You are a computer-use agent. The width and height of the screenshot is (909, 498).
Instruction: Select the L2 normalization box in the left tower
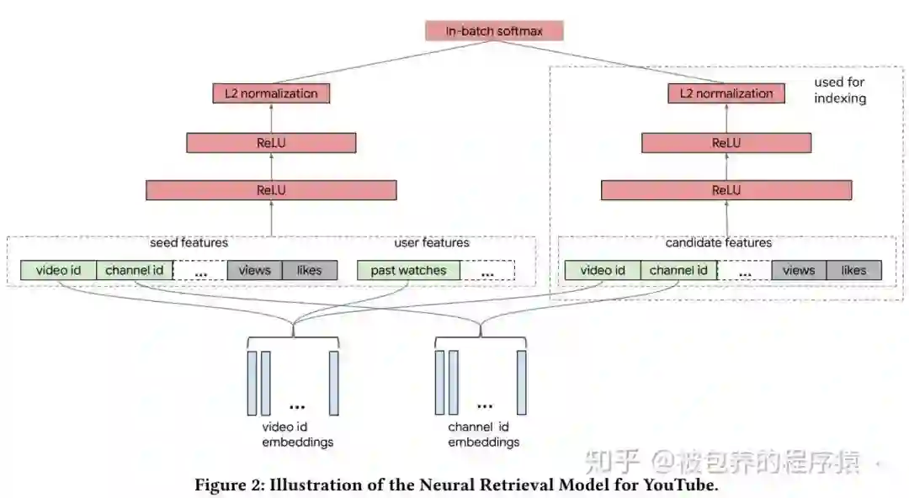[271, 93]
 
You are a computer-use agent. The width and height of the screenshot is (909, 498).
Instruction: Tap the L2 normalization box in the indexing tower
[726, 93]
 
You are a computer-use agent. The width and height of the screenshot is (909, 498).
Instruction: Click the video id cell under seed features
[58, 270]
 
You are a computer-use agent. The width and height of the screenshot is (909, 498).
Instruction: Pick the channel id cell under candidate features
[678, 270]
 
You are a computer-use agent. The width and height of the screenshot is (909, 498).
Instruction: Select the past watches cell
[408, 270]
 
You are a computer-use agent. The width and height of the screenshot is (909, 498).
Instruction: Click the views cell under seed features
[254, 270]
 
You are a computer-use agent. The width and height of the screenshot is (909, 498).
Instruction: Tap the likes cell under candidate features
[853, 270]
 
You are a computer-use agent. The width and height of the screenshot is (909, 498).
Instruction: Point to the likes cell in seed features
[309, 270]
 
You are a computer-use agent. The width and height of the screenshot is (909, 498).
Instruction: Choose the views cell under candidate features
[798, 270]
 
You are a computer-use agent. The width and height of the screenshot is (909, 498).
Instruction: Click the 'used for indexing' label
[839, 90]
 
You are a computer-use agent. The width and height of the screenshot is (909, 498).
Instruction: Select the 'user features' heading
[432, 243]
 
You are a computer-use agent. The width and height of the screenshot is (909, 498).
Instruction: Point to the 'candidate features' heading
[718, 243]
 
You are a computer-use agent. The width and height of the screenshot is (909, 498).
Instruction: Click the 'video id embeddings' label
[297, 435]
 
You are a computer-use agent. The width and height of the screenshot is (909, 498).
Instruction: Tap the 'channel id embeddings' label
[483, 435]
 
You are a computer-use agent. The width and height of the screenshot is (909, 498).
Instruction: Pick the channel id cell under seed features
[135, 270]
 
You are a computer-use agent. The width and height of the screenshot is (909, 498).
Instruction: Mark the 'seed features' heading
[189, 243]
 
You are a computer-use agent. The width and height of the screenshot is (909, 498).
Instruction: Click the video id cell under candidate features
[602, 270]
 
